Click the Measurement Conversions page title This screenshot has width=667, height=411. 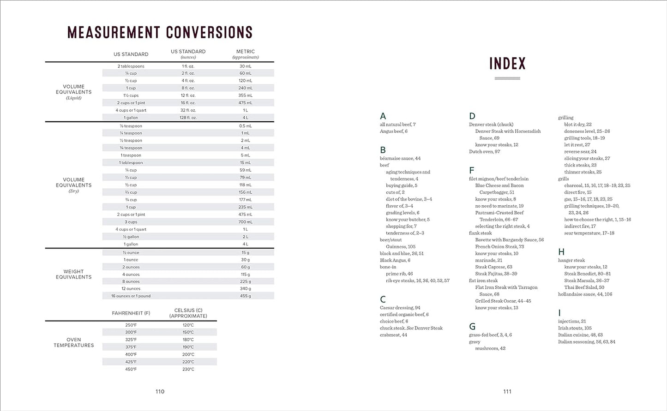pyautogui.click(x=160, y=32)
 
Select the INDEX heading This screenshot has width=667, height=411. pyautogui.click(x=507, y=64)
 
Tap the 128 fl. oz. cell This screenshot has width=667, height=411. pyautogui.click(x=188, y=118)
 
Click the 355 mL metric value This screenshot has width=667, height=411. pyautogui.click(x=245, y=95)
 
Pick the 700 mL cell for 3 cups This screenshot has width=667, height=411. pyautogui.click(x=245, y=222)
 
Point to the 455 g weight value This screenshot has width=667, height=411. pyautogui.click(x=245, y=296)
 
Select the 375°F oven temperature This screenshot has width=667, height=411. pyautogui.click(x=131, y=347)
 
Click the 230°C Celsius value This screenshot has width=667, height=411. pyautogui.click(x=188, y=369)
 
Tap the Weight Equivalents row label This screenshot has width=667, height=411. pyautogui.click(x=74, y=274)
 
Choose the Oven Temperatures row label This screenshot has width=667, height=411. pyautogui.click(x=74, y=342)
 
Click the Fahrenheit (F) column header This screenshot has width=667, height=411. pyautogui.click(x=131, y=313)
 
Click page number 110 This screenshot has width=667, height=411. pyautogui.click(x=160, y=392)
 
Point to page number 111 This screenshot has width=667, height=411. pyautogui.click(x=507, y=392)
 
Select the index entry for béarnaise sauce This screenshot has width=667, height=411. pyautogui.click(x=400, y=159)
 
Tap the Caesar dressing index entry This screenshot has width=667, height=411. pyautogui.click(x=400, y=308)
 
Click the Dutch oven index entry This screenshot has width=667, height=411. pyautogui.click(x=485, y=152)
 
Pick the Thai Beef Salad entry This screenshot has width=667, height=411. pyautogui.click(x=584, y=287)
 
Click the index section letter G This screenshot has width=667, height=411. pyautogui.click(x=472, y=327)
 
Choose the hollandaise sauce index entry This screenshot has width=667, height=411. pyautogui.click(x=585, y=294)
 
